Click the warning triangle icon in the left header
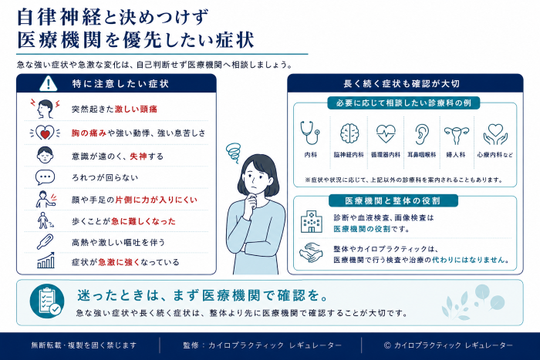(48, 83)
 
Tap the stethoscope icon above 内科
(310, 133)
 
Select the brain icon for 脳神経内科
(349, 133)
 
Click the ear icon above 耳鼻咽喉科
(421, 134)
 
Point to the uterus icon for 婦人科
(457, 135)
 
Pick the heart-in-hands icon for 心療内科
(495, 134)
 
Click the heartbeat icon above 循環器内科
(386, 133)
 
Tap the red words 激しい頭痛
(136, 109)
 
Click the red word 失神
(138, 156)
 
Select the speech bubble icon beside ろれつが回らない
(45, 177)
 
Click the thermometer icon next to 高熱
(45, 241)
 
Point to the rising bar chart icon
(46, 261)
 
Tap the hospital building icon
(312, 222)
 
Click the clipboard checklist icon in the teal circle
(47, 301)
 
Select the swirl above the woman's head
(234, 153)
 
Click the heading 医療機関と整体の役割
(393, 201)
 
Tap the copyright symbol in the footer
(387, 345)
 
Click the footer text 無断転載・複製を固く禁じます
(84, 345)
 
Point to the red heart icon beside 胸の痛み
(45, 133)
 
